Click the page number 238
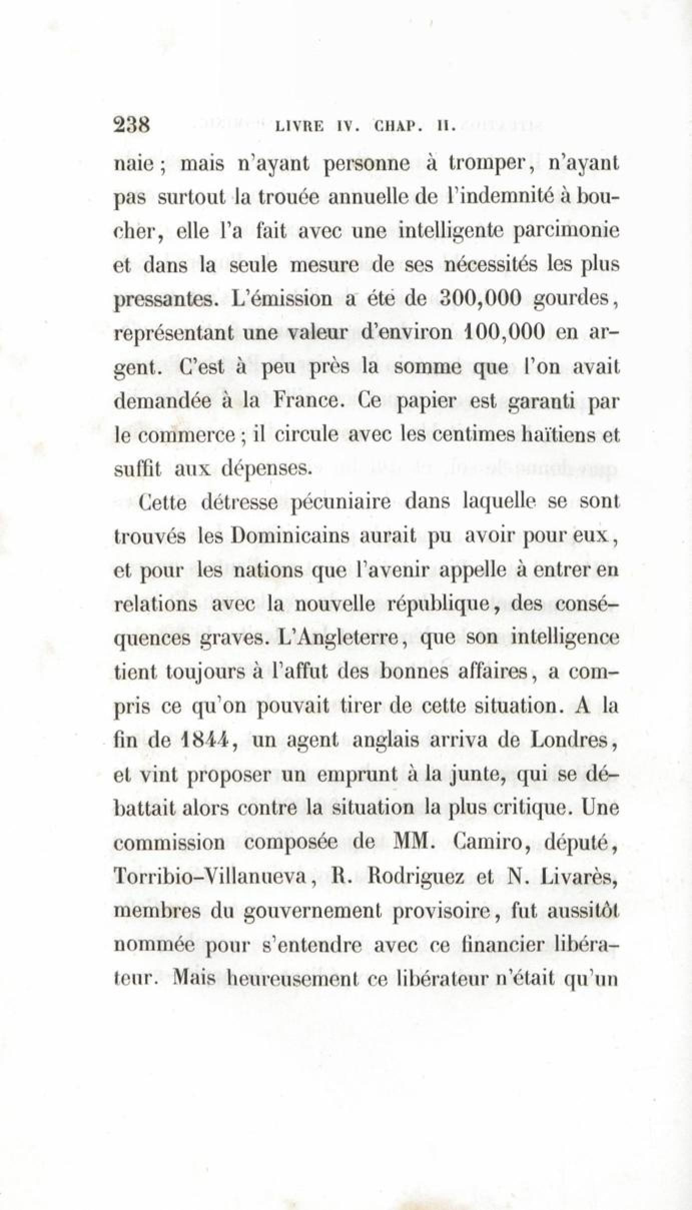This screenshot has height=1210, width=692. click(133, 124)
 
